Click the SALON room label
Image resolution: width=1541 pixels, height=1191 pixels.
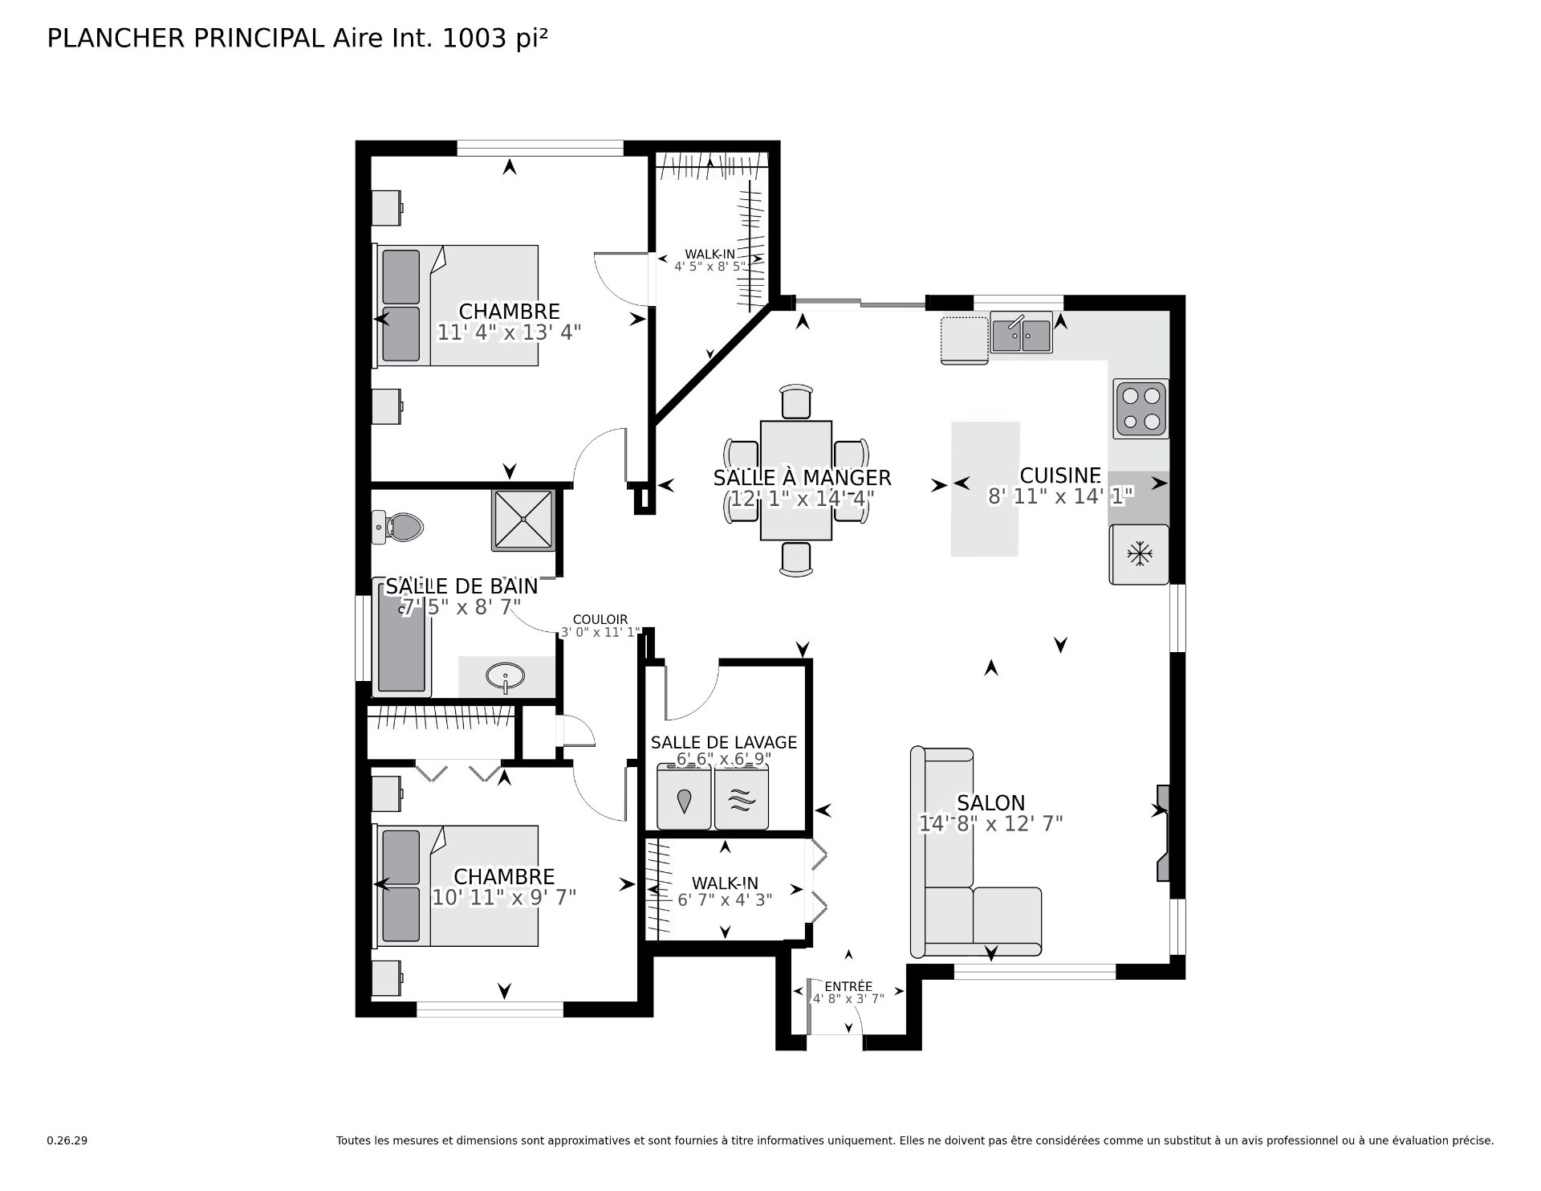pyautogui.click(x=991, y=803)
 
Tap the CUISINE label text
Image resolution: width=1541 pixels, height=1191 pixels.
pyautogui.click(x=1060, y=475)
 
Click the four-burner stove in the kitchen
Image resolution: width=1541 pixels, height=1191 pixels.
pyautogui.click(x=1141, y=408)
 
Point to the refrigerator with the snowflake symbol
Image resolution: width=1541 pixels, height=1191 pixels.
pyautogui.click(x=1139, y=554)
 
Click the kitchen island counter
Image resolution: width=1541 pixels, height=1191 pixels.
pyautogui.click(x=986, y=489)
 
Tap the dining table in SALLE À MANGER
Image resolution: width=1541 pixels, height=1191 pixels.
pyautogui.click(x=796, y=480)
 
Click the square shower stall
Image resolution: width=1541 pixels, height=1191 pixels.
pyautogui.click(x=523, y=520)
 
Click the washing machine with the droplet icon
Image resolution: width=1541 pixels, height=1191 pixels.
pyautogui.click(x=684, y=797)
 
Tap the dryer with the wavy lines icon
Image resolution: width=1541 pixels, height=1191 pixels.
pyautogui.click(x=742, y=797)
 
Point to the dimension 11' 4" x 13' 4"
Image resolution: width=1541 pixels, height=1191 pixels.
pyautogui.click(x=509, y=332)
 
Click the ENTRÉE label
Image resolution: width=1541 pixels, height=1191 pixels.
pyautogui.click(x=848, y=986)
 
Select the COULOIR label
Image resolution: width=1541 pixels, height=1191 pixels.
pyautogui.click(x=600, y=620)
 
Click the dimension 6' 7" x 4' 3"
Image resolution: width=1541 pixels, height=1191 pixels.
pyautogui.click(x=725, y=900)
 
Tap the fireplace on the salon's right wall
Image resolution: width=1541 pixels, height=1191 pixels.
pyautogui.click(x=1162, y=834)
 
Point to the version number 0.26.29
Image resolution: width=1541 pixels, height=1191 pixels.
pyautogui.click(x=67, y=1140)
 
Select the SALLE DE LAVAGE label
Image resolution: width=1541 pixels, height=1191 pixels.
pyautogui.click(x=724, y=742)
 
